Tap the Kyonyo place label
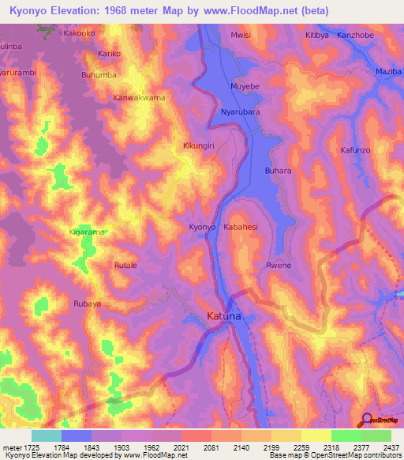coord(202,228)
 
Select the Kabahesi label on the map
coord(245,228)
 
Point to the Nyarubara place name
coord(241,111)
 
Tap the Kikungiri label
coord(198,146)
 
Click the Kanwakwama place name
coord(139,98)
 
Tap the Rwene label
coord(279,266)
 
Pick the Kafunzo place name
coord(354,149)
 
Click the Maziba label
coord(388,72)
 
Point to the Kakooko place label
coord(83,35)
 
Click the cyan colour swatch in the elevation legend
coord(46,435)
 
